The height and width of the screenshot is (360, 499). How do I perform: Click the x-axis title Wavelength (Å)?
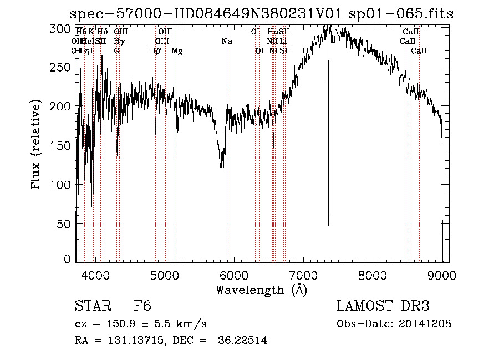(x=261, y=290)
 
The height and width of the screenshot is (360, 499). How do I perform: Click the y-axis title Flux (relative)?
(x=37, y=145)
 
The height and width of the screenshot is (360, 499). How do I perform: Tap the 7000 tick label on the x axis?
(x=303, y=275)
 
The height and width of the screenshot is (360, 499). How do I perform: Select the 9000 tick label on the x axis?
(x=442, y=275)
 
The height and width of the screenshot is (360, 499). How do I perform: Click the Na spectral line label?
(x=227, y=42)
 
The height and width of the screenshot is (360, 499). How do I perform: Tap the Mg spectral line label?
(x=177, y=51)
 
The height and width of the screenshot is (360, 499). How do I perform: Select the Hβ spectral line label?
(x=155, y=51)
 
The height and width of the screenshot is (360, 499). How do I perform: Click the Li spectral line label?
(x=283, y=42)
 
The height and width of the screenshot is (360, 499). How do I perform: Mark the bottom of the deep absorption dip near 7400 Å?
(x=328, y=224)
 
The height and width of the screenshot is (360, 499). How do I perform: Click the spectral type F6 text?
(x=142, y=307)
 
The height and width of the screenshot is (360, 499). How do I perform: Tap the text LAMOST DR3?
(x=383, y=307)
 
